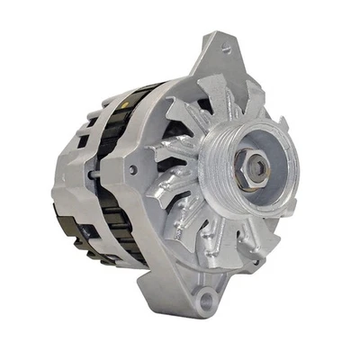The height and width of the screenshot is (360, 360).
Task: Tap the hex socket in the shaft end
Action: [x=259, y=166]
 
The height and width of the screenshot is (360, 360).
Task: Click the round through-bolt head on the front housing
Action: [x=134, y=168]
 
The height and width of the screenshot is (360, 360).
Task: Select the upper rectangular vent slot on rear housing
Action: [x=83, y=140]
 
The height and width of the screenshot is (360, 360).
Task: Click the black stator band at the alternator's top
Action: [x=144, y=91]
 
